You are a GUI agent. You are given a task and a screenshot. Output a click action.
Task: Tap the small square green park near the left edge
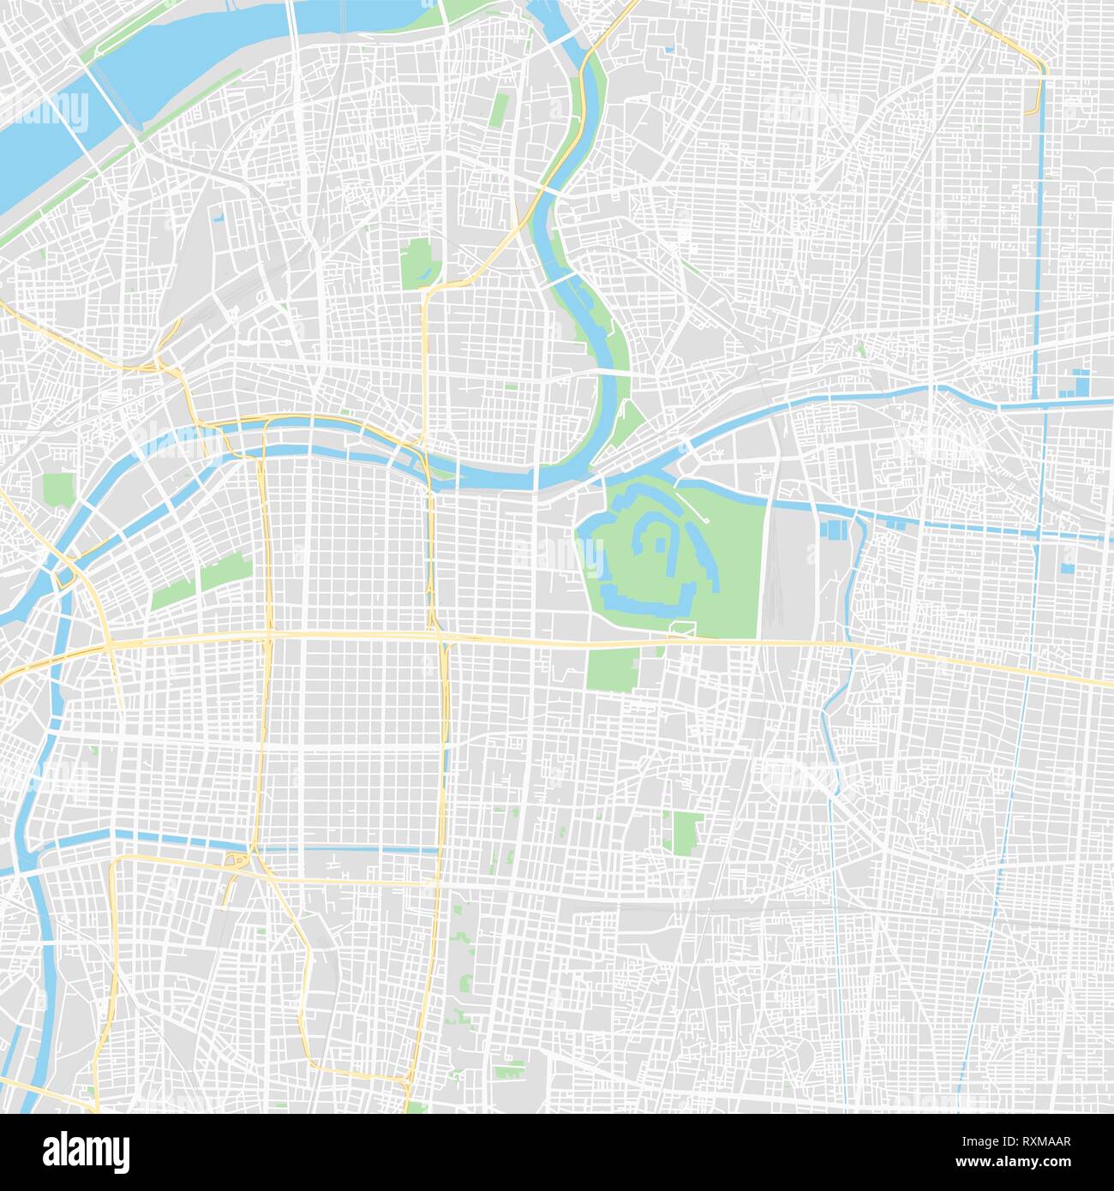tap(58, 489)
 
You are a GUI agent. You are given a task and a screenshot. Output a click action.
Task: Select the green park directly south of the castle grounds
tap(613, 668)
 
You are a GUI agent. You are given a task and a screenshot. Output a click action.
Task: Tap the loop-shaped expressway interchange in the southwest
tap(235, 860)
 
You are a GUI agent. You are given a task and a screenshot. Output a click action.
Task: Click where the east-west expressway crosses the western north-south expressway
tap(269, 636)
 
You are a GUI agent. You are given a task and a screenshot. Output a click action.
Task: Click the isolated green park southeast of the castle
tap(686, 832)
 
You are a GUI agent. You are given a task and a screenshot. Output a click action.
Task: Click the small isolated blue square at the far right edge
tap(1067, 566)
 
